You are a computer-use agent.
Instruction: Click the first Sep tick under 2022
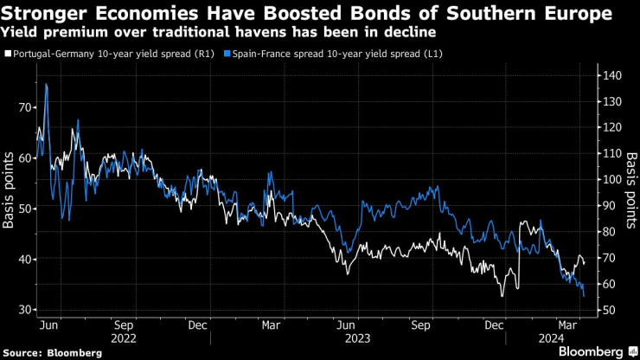pos(123,325)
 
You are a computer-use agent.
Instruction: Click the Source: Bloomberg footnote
pos(53,353)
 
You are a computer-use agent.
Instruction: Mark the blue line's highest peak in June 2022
pos(46,85)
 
